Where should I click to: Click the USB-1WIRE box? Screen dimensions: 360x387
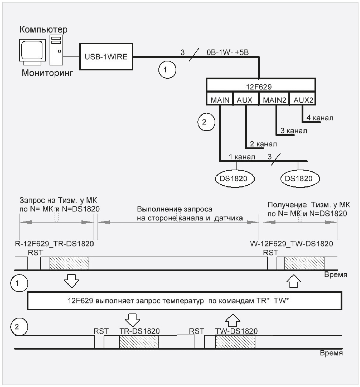(x=106, y=57)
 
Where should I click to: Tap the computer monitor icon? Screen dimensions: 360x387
(x=33, y=51)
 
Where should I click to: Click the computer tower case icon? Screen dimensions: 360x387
(x=57, y=50)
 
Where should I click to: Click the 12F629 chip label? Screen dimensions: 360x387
(x=259, y=87)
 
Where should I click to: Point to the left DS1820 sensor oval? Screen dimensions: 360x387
(x=233, y=179)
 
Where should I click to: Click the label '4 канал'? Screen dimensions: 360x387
(x=320, y=118)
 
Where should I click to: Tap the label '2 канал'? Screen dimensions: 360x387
(x=263, y=144)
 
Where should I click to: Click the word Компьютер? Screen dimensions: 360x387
(x=44, y=29)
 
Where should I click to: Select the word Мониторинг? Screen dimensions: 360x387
(x=47, y=73)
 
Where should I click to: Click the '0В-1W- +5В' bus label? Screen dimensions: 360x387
(x=227, y=52)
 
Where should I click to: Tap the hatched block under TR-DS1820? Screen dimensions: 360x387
(x=139, y=342)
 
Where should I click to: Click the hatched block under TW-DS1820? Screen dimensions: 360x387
(x=235, y=342)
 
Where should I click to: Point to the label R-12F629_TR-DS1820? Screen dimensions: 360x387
(x=54, y=244)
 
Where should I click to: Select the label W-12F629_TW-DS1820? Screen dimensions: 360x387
(x=291, y=244)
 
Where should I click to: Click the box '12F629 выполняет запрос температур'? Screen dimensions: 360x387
(x=184, y=301)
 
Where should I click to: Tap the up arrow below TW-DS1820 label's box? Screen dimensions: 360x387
(x=233, y=321)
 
